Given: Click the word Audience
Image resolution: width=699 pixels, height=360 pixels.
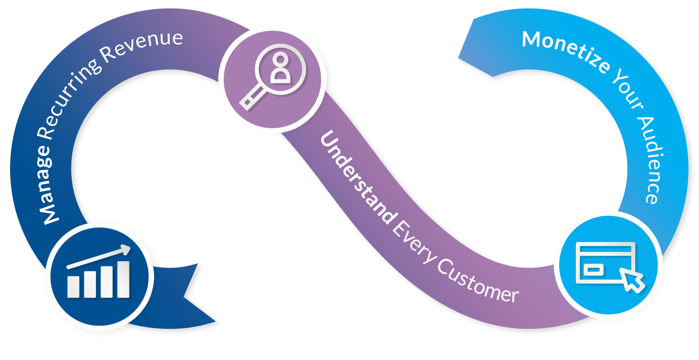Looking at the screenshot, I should click(652, 160).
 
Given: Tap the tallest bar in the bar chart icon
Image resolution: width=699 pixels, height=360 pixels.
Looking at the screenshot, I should click(123, 279).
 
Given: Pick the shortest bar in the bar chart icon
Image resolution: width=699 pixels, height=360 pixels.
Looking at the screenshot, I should click(73, 287).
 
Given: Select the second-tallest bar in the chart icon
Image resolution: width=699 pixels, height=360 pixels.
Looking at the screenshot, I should click(106, 282).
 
